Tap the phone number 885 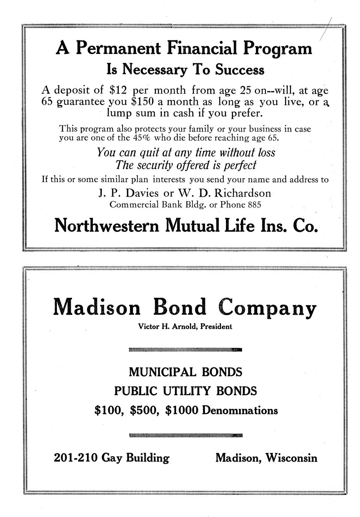254,205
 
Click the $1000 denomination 181,411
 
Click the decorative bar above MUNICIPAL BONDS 185,350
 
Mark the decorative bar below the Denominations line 185,435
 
